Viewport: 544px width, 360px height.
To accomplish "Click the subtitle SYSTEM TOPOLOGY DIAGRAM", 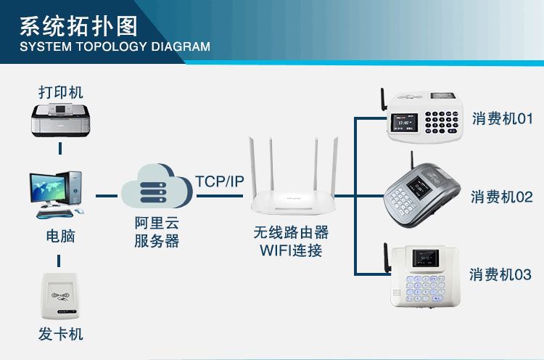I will pos(115,47).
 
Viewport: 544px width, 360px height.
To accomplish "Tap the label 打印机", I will pos(61,92).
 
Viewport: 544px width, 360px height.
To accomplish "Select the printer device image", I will pos(61,120).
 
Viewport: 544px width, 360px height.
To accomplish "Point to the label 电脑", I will pos(60,237).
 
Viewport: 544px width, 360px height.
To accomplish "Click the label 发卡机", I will pos(61,334).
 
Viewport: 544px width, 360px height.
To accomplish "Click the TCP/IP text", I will pos(220,181).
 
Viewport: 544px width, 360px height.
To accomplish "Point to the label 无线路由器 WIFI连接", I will pos(290,242).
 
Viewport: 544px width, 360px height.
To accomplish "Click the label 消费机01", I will pos(503,118).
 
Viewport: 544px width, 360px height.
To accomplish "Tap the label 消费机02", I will pos(501,196).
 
